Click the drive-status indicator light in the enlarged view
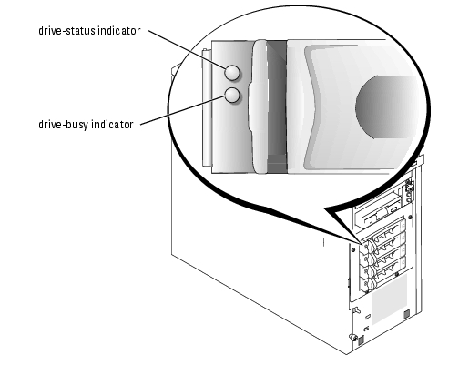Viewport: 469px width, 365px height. [232, 73]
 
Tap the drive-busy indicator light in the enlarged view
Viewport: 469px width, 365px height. [232, 96]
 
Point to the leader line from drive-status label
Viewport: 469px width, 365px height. [187, 50]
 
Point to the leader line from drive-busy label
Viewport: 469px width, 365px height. [182, 110]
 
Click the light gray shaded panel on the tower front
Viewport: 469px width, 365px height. [390, 299]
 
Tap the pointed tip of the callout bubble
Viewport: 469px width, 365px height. [362, 244]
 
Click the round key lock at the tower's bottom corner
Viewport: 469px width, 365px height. [352, 337]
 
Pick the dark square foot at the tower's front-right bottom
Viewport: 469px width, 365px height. [406, 313]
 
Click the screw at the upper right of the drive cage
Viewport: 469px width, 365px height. [410, 218]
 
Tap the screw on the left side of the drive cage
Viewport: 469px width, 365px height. [353, 250]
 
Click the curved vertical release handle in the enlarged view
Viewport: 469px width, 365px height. [258, 106]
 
